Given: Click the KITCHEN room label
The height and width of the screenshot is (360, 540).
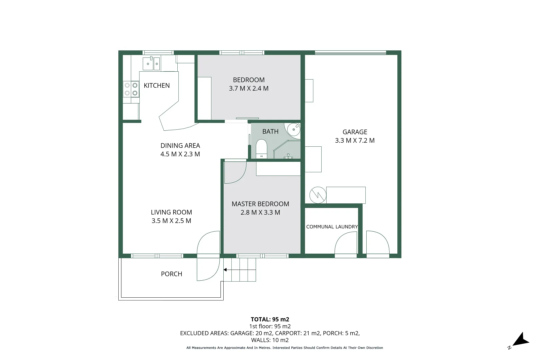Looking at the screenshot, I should tap(157, 86).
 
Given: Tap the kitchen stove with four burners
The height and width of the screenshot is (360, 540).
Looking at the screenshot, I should tap(131, 89).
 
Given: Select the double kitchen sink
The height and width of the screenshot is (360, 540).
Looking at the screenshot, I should tap(151, 63).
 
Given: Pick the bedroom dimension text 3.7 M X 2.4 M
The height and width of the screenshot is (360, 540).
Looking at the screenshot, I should tap(249, 89).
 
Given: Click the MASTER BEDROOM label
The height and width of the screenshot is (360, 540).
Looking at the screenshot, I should tap(260, 204).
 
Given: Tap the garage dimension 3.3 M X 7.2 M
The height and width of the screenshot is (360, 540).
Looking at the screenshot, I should tap(355, 141).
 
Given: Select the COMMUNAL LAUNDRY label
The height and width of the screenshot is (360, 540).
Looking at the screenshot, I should tap(332, 227).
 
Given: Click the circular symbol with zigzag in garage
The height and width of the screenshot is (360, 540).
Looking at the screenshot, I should tap(318, 195).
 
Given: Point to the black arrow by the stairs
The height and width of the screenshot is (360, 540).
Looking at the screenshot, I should tap(225, 270).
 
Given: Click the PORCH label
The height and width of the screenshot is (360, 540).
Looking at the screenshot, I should tap(171, 274).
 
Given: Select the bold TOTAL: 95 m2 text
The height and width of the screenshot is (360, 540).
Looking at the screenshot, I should tap(270, 319).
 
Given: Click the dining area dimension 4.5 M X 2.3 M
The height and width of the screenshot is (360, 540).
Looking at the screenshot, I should tap(180, 154).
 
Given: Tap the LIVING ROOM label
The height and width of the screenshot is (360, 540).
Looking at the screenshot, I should tap(171, 212).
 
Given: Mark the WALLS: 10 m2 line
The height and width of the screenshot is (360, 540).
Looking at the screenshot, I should tap(270, 340).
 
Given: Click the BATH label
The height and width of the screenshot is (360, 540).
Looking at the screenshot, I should tap(270, 132).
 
